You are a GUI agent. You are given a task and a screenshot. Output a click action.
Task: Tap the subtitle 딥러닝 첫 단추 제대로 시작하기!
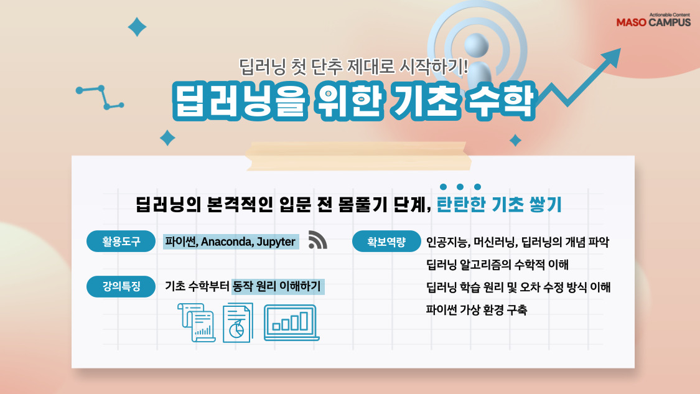click(353, 65)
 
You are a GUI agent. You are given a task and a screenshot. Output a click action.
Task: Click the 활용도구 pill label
click(121, 242)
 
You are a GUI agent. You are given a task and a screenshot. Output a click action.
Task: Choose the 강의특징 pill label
click(121, 287)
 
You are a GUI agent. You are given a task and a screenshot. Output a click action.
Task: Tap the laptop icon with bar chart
click(291, 322)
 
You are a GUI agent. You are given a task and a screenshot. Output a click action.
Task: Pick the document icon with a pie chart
click(238, 322)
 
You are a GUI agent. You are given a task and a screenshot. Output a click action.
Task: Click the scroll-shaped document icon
click(196, 322)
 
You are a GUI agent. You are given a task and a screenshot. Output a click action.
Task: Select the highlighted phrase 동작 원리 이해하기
click(277, 287)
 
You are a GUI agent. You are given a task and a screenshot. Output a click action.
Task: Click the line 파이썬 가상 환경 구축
click(476, 309)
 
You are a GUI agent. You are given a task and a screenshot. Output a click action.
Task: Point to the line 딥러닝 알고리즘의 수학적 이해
click(497, 265)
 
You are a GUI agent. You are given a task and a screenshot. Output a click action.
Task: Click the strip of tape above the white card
click(355, 154)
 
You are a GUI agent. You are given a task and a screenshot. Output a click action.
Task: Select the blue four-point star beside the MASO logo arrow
click(515, 140)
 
